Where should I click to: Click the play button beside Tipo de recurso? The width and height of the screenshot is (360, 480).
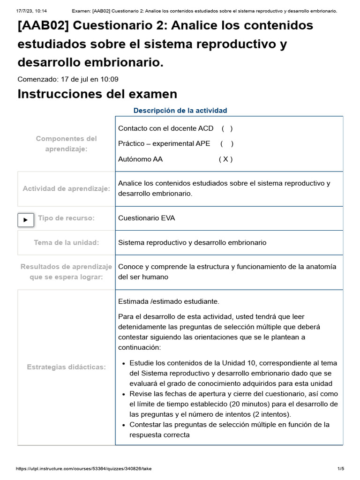[x=25, y=219]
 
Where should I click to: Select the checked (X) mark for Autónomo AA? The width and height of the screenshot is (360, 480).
[x=225, y=159]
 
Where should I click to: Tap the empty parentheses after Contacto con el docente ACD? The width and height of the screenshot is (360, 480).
[x=227, y=128]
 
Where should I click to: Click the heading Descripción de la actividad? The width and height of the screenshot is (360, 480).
[x=180, y=111]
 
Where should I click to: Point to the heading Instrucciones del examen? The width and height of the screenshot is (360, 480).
[x=97, y=94]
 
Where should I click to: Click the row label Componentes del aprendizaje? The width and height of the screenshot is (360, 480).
[x=66, y=143]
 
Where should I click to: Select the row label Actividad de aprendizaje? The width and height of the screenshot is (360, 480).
[x=66, y=189]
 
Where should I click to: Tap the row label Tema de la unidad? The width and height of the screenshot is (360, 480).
[x=66, y=243]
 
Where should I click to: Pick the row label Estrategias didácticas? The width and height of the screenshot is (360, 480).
[x=66, y=367]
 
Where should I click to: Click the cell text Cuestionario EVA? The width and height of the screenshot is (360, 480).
[x=147, y=218]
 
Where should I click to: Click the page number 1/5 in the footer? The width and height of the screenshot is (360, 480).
[x=341, y=469]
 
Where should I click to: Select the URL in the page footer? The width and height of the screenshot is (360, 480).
[x=84, y=469]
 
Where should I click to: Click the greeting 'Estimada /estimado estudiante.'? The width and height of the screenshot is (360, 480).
[x=169, y=301]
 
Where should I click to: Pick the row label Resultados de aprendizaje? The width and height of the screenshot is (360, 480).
[x=66, y=267]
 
